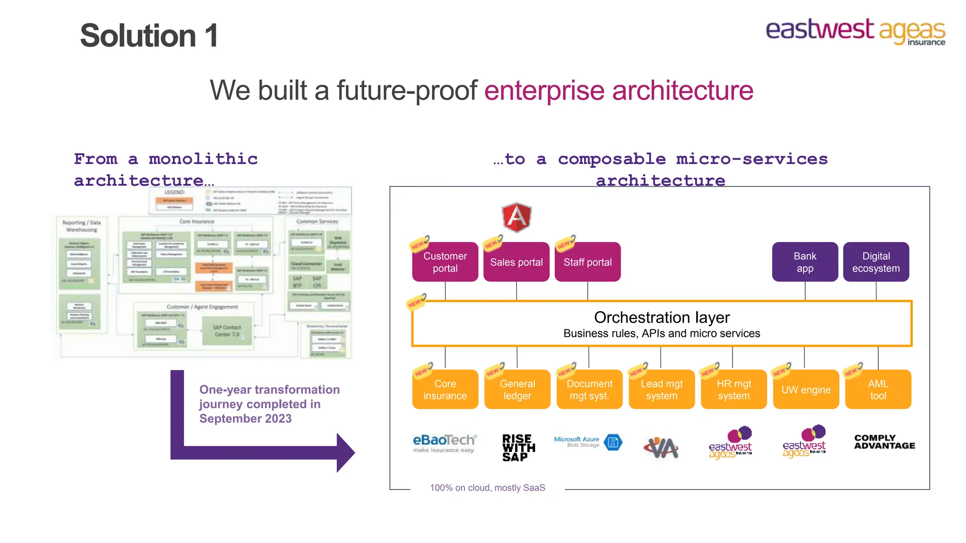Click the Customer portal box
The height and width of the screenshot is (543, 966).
(x=445, y=262)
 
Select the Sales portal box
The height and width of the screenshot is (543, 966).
(x=516, y=262)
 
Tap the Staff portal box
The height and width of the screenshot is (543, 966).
(x=587, y=262)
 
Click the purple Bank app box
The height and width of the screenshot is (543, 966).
(x=805, y=262)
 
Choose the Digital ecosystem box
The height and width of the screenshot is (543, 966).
(x=876, y=262)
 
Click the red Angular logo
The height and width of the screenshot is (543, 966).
(x=516, y=217)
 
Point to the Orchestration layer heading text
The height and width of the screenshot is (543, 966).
(x=661, y=318)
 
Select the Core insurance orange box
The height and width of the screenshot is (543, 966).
(x=445, y=389)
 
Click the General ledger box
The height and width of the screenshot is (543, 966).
(x=517, y=389)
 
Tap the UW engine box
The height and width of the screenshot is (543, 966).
(x=806, y=389)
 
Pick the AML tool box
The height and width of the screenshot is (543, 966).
(x=878, y=389)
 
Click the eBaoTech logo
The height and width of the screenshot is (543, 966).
(x=444, y=443)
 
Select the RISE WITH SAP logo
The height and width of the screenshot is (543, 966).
(x=518, y=447)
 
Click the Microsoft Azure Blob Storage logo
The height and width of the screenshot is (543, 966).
(x=588, y=442)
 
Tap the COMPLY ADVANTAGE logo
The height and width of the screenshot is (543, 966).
(x=884, y=442)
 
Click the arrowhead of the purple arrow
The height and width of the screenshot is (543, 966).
(x=345, y=452)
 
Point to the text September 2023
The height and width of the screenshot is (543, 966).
(x=245, y=419)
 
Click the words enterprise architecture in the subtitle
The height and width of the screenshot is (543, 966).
(x=618, y=90)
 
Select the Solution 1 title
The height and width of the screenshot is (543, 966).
(x=149, y=36)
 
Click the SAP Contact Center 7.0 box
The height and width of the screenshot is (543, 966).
(x=227, y=331)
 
